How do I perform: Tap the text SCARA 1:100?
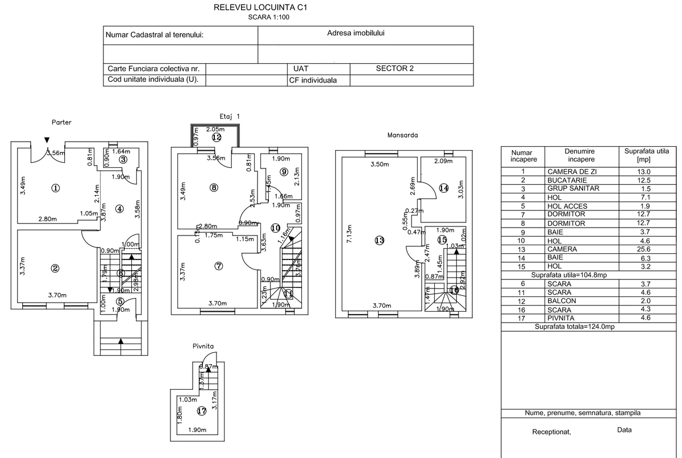tap(268, 17)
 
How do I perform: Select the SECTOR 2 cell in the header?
tap(394, 68)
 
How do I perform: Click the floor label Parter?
tap(61, 122)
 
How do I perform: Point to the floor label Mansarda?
tap(402, 135)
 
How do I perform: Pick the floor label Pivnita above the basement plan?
tap(203, 346)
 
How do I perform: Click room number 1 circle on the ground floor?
tap(55, 188)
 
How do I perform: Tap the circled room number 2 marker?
tap(55, 269)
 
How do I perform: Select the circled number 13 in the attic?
tap(380, 241)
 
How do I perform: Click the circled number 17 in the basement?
tap(201, 411)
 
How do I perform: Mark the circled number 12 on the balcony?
tap(216, 137)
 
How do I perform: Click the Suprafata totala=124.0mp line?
tap(574, 327)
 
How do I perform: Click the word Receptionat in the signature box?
tap(551, 432)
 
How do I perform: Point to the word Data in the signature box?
tap(624, 430)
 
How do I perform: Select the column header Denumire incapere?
tap(580, 155)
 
